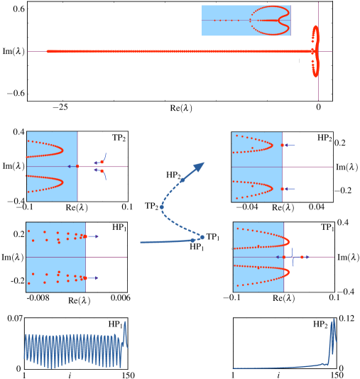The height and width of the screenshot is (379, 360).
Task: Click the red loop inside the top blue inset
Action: point(271,20)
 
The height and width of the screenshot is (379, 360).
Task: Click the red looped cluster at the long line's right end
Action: point(315,50)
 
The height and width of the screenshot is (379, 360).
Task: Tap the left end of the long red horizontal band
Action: point(48,51)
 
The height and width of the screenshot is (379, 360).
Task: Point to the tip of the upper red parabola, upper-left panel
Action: point(62,150)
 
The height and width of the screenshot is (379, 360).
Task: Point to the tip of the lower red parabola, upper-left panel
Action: point(62,182)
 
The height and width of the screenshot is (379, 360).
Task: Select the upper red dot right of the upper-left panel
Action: point(102,162)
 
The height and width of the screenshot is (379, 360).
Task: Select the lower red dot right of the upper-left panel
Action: point(102,171)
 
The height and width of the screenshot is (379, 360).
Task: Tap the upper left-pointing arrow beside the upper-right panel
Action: point(289,145)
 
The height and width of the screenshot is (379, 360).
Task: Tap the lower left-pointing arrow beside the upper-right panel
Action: point(289,189)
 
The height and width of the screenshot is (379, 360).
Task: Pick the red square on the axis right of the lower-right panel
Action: point(302,257)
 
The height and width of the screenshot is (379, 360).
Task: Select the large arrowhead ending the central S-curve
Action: point(200,166)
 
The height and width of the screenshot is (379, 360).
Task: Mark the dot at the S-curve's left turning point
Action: point(162,207)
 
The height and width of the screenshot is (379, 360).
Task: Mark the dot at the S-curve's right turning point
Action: point(202,237)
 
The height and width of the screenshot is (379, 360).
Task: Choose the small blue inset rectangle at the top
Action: point(246,20)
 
